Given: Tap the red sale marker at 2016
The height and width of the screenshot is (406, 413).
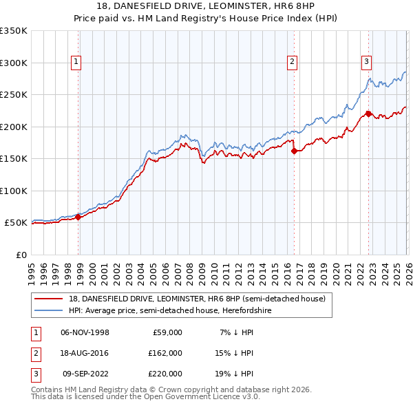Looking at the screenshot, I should (x=294, y=151).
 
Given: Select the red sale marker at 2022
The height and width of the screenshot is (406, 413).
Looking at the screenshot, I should (x=368, y=114).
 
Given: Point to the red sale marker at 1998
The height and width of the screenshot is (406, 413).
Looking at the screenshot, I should (x=78, y=217).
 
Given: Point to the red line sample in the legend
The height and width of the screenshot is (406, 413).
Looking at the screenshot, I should (x=49, y=298).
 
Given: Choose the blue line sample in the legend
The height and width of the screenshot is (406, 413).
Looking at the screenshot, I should (x=49, y=311).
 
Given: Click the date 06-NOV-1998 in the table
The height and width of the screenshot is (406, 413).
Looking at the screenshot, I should (x=85, y=332).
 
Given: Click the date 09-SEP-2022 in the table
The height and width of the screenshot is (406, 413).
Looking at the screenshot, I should (x=85, y=374).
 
